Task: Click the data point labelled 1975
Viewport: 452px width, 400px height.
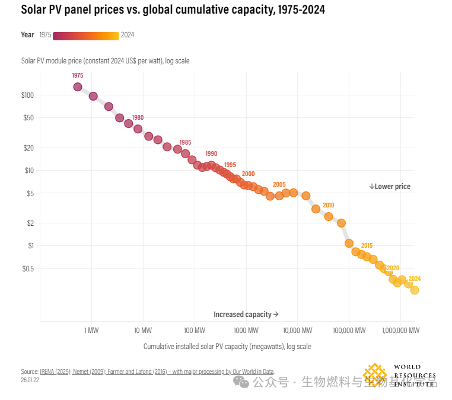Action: pyautogui.click(x=78, y=87)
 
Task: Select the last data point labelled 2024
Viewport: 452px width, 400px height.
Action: pyautogui.click(x=415, y=290)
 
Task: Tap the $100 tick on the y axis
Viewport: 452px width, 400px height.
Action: pyautogui.click(x=27, y=95)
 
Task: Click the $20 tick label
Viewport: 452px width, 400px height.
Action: pyautogui.click(x=28, y=148)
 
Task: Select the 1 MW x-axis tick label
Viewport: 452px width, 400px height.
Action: pyautogui.click(x=91, y=329)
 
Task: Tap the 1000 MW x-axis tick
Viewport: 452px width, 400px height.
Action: pyautogui.click(x=246, y=329)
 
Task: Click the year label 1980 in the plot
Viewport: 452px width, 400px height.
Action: pyautogui.click(x=138, y=117)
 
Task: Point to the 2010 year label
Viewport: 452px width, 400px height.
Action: pyautogui.click(x=328, y=205)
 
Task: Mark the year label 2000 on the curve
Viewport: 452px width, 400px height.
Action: pyautogui.click(x=248, y=174)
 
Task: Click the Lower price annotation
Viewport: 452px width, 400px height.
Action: pyautogui.click(x=390, y=187)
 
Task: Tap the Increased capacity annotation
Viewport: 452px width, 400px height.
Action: pyautogui.click(x=246, y=314)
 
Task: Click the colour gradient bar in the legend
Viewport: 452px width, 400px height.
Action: pyautogui.click(x=86, y=36)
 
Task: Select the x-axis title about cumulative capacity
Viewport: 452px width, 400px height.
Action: pyautogui.click(x=227, y=346)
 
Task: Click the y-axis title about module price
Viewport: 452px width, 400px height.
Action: pyautogui.click(x=105, y=61)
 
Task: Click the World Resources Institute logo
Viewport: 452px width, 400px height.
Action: pyautogui.click(x=400, y=375)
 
